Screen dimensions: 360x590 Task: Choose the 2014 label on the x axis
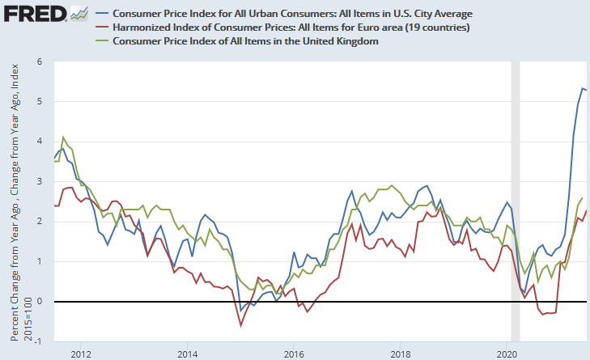pos(187,354)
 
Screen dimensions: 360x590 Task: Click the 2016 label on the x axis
pos(294,354)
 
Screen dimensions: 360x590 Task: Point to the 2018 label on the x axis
pos(400,354)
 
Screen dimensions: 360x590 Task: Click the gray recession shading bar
pos(515,202)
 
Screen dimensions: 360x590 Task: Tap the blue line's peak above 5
pos(583,88)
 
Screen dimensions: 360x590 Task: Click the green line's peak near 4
pos(63,138)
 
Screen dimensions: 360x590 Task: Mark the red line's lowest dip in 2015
pos(240,325)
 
